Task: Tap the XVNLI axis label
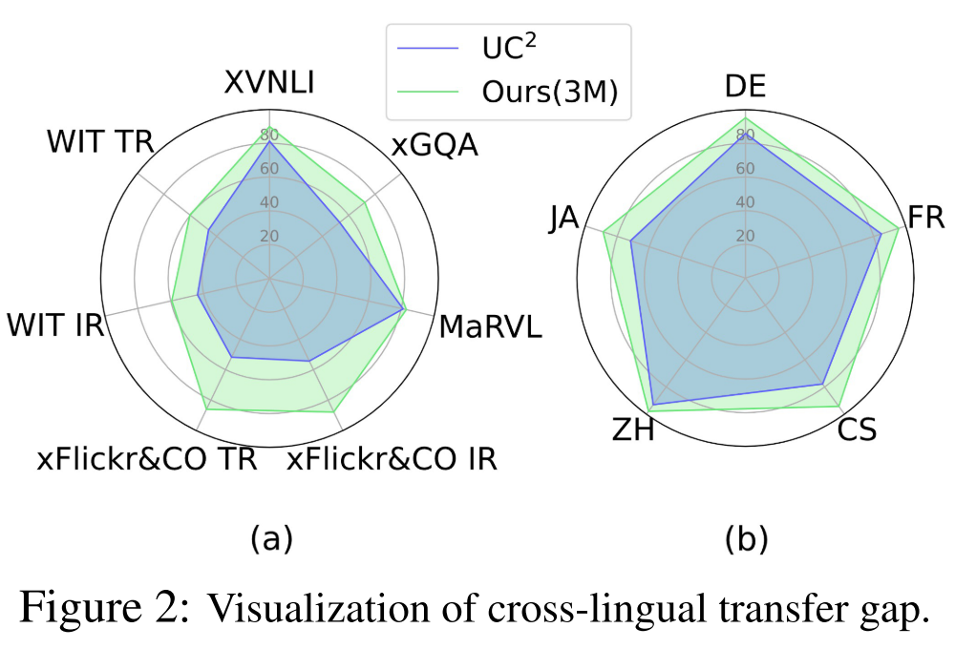tap(270, 83)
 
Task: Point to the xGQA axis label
tap(434, 145)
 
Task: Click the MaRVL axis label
tap(490, 327)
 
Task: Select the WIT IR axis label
tap(55, 324)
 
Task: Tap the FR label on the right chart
tap(925, 219)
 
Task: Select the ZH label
tap(633, 430)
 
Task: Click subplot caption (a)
tap(270, 539)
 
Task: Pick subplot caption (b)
tap(746, 539)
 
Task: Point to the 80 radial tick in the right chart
tap(745, 135)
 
